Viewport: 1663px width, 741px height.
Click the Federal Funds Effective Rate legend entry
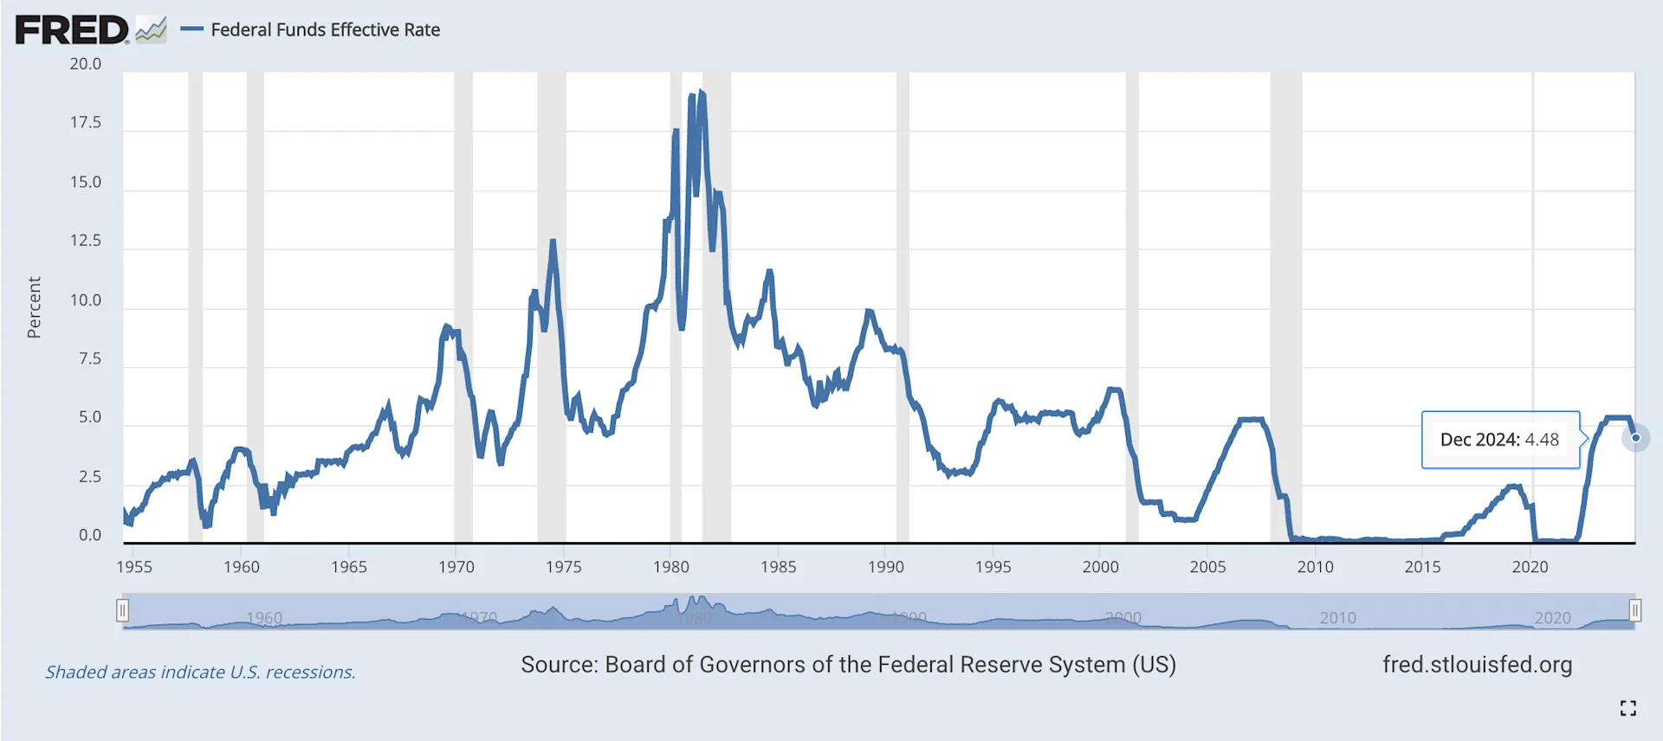click(325, 30)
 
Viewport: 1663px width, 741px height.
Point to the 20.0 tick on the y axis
click(85, 64)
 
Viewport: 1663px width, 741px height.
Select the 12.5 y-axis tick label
click(85, 241)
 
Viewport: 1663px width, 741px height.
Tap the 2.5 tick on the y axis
click(89, 477)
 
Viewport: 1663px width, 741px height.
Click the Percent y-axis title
click(34, 307)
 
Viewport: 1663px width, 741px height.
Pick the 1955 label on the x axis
click(133, 567)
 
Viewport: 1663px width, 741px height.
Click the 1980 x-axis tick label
click(670, 567)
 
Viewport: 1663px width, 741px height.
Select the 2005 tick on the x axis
click(1207, 567)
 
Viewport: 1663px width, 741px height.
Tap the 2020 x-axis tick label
click(1530, 567)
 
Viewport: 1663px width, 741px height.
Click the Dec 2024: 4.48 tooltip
click(1499, 440)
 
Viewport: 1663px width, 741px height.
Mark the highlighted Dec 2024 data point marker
click(1635, 438)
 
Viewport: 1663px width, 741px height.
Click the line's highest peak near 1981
click(701, 92)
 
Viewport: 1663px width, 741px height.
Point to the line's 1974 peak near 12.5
click(553, 242)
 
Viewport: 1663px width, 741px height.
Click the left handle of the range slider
click(123, 611)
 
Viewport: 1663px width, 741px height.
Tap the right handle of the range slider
click(1634, 611)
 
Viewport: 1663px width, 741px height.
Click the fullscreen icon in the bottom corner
click(1627, 708)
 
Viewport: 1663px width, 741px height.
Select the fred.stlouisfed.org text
click(1477, 665)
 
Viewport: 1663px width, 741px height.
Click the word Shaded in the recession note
click(73, 673)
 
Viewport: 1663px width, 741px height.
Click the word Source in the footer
click(558, 665)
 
